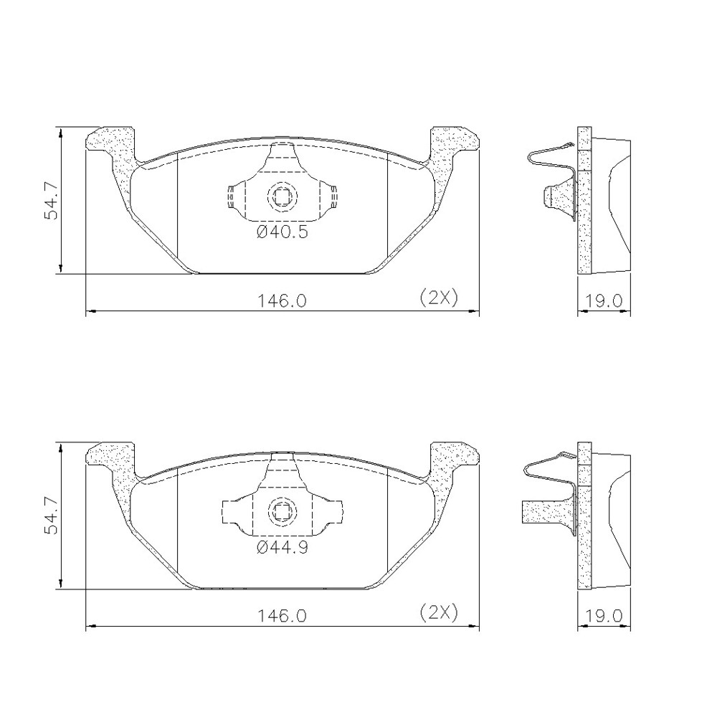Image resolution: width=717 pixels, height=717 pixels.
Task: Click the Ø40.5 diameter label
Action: [x=282, y=232]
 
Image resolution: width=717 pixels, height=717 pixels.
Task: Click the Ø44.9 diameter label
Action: [x=282, y=547]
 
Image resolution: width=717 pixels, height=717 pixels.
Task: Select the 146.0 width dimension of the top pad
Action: [x=282, y=301]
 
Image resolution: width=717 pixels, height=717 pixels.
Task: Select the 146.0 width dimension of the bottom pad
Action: [x=282, y=616]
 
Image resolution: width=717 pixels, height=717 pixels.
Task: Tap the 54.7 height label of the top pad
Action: [x=51, y=201]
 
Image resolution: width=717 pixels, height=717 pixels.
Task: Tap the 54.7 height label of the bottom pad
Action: [x=51, y=516]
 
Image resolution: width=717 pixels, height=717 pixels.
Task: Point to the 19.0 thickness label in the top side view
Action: [x=604, y=301]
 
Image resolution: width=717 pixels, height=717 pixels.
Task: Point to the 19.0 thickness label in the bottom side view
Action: [x=604, y=616]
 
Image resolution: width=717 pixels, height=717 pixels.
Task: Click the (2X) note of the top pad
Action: [x=439, y=298]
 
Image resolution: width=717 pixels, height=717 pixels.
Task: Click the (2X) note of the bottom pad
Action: [x=439, y=612]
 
